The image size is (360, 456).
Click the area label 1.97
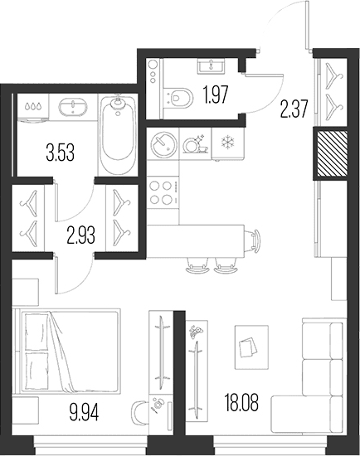(216, 95)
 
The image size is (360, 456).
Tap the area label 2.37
(294, 108)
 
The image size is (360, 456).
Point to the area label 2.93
(80, 235)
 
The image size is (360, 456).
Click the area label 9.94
(84, 412)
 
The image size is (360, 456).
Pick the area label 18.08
(241, 402)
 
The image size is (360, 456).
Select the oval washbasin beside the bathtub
(73, 107)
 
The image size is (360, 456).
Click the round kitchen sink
(163, 144)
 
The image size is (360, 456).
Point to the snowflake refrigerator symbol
(227, 143)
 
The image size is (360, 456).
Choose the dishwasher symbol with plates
(195, 143)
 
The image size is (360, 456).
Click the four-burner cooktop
(163, 192)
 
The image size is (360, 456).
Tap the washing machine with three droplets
(32, 107)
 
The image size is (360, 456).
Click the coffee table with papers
(251, 347)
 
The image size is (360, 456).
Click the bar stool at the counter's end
(253, 240)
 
